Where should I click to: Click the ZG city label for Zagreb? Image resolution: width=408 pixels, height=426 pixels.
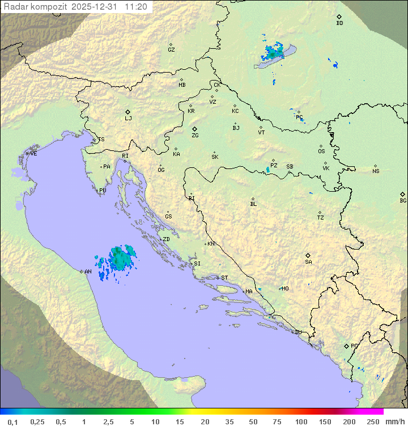pyautogui.click(x=195, y=136)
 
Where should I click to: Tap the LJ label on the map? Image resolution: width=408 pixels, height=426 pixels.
pyautogui.click(x=128, y=119)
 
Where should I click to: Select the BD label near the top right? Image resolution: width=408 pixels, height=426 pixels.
pyautogui.click(x=339, y=23)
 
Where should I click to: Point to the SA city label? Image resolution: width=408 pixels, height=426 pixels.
pyautogui.click(x=308, y=261)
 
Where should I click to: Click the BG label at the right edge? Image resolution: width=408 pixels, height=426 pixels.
pyautogui.click(x=403, y=200)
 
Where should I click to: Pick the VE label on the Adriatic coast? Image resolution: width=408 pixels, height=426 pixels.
pyautogui.click(x=33, y=154)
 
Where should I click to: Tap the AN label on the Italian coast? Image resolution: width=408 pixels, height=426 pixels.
pyautogui.click(x=88, y=272)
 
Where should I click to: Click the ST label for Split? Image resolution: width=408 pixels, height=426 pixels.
pyautogui.click(x=224, y=278)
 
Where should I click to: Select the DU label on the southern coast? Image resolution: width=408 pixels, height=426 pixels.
pyautogui.click(x=298, y=332)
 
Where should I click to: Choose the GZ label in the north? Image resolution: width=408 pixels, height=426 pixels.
pyautogui.click(x=171, y=49)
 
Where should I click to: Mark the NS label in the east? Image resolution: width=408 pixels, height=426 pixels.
pyautogui.click(x=376, y=171)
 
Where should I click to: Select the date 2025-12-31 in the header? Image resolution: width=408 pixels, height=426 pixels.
pyautogui.click(x=96, y=7)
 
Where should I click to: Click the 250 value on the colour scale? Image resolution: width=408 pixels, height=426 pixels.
pyautogui.click(x=372, y=421)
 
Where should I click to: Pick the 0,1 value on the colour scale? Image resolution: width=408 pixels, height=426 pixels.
pyautogui.click(x=12, y=421)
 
